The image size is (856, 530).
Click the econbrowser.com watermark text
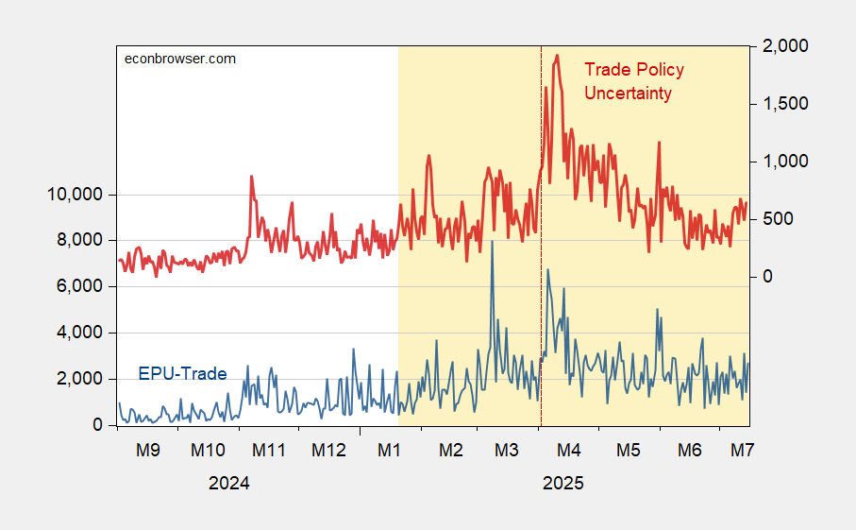(x=181, y=59)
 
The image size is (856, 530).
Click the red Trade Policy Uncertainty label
(x=633, y=81)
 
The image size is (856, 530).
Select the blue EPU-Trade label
(x=182, y=374)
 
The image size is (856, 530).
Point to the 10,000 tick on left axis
(x=75, y=195)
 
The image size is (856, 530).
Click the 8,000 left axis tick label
(x=78, y=241)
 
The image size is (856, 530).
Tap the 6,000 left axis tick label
(x=78, y=287)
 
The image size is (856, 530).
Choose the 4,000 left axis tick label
(x=78, y=333)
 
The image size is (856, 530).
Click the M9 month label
(x=147, y=450)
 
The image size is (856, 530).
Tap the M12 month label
(x=329, y=450)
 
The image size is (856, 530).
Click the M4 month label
(x=569, y=450)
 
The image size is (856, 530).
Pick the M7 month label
(x=742, y=450)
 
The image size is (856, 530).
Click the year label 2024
(x=228, y=483)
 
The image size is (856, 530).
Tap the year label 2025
(x=563, y=483)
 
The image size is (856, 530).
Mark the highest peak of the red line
(x=558, y=56)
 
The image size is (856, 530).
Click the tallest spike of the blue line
(x=492, y=242)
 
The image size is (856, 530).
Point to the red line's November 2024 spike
(x=251, y=177)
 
